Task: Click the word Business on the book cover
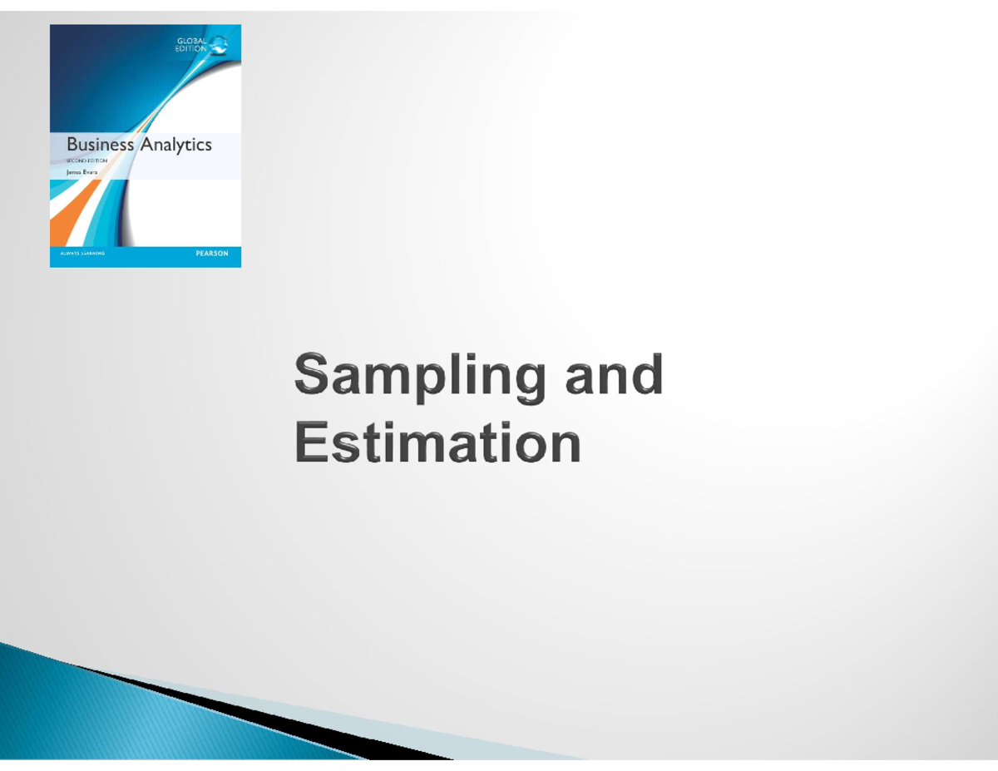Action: pyautogui.click(x=100, y=145)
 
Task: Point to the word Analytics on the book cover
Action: pyautogui.click(x=175, y=145)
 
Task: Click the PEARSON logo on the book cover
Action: pyautogui.click(x=211, y=254)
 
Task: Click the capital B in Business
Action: pyautogui.click(x=72, y=145)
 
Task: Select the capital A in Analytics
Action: pyautogui.click(x=146, y=145)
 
